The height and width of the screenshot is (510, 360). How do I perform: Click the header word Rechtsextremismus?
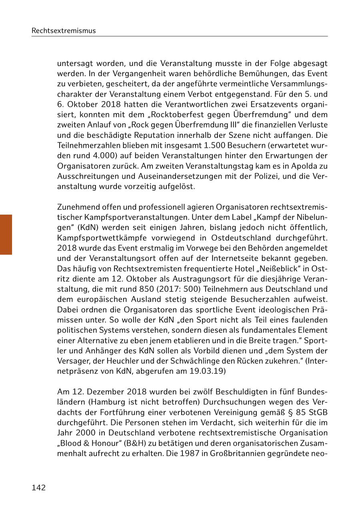point(64,30)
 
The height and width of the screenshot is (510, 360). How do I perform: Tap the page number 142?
point(39,488)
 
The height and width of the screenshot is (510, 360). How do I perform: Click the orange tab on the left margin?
point(6,235)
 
